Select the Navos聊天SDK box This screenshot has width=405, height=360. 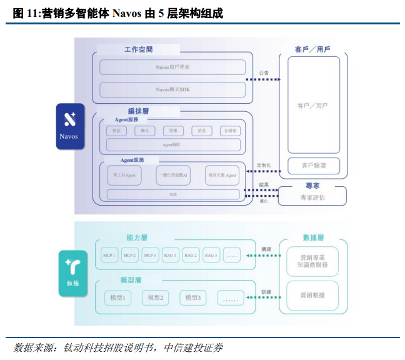tap(172, 89)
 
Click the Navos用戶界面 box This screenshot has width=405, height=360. tap(172, 67)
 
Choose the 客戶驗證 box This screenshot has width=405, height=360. tap(313, 166)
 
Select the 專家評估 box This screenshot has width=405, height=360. tap(313, 197)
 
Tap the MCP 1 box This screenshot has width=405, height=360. tap(110, 255)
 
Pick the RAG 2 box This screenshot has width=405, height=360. tap(191, 255)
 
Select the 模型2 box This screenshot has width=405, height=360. tap(155, 298)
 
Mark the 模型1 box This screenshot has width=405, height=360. tap(117, 298)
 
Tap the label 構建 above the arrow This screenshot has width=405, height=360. tap(266, 248)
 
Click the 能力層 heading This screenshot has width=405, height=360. tap(137, 237)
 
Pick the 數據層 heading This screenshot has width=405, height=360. tap(313, 237)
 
